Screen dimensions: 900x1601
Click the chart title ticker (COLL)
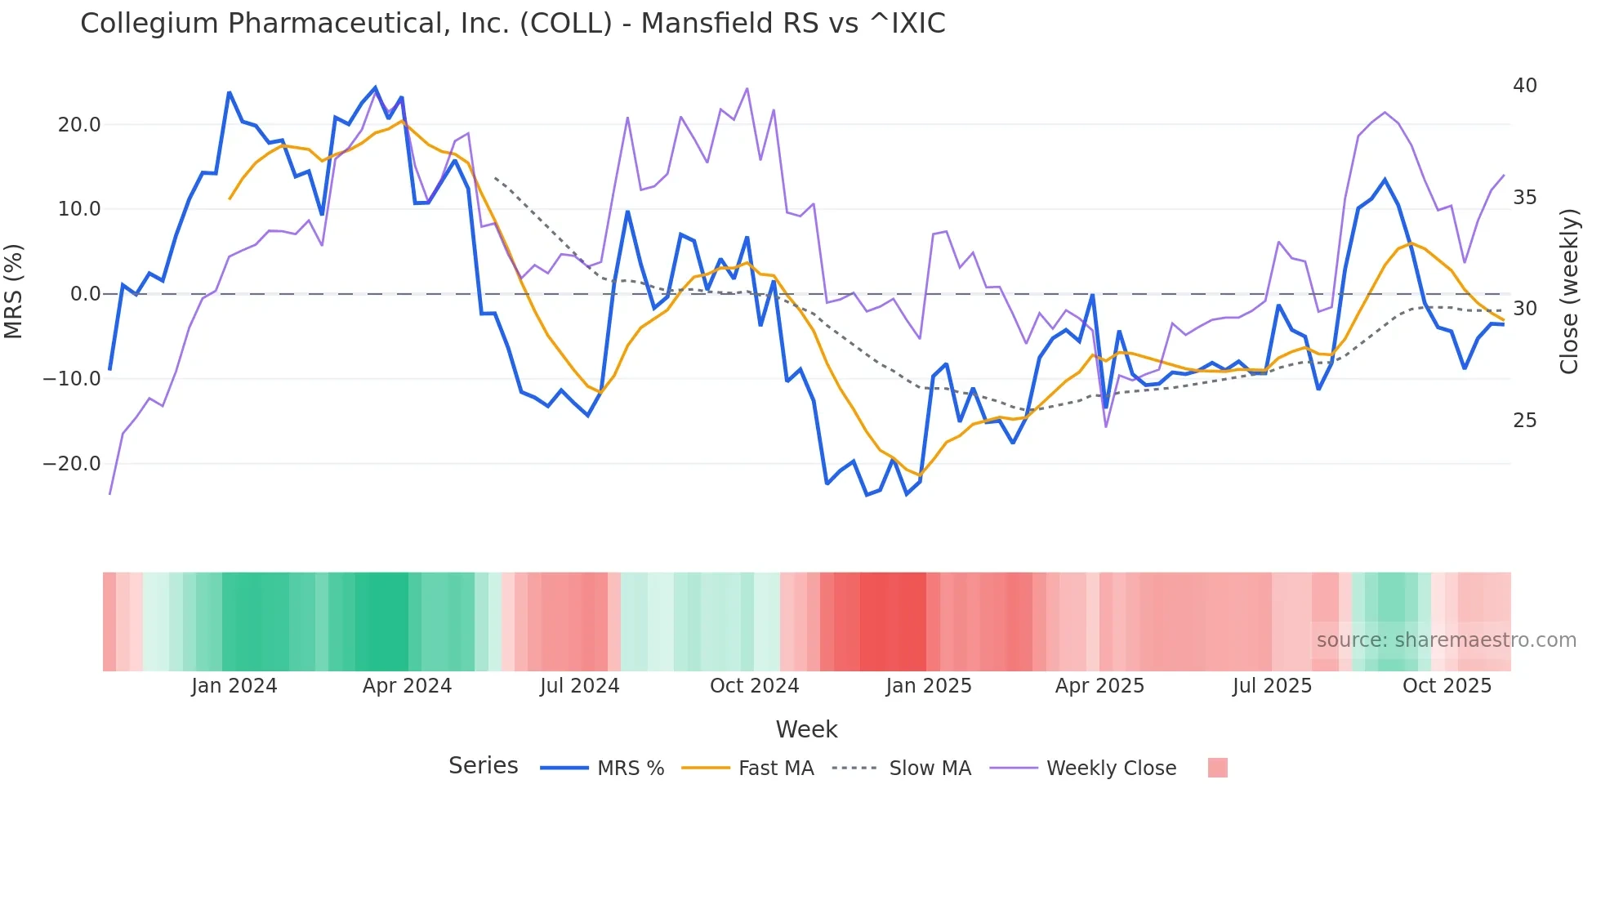[x=566, y=24]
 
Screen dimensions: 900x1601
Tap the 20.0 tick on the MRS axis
[x=79, y=125]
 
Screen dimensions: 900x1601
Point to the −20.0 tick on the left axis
[x=72, y=464]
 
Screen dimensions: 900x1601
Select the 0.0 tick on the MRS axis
[x=85, y=294]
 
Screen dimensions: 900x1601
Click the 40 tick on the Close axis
[x=1524, y=86]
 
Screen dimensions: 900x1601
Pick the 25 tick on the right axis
[x=1524, y=421]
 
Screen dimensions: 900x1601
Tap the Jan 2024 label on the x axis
[x=234, y=686]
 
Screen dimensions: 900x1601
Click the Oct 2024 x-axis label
[x=754, y=686]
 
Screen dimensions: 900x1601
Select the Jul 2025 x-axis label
[x=1272, y=686]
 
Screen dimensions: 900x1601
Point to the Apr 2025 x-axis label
[x=1099, y=686]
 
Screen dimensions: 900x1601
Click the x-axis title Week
[x=806, y=729]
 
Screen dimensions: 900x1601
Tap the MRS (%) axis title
[x=14, y=291]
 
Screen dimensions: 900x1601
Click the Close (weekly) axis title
[x=1569, y=292]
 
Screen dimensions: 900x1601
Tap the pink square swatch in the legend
[x=1217, y=768]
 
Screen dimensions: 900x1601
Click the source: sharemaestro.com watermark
[x=1446, y=640]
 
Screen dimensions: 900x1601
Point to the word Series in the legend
[x=483, y=766]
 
